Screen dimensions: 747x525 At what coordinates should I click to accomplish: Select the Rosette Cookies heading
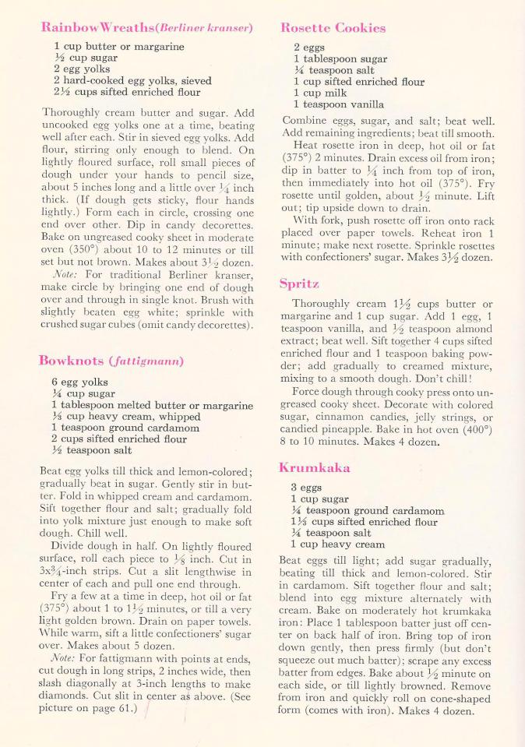click(x=332, y=28)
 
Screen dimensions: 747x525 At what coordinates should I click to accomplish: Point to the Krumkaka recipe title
click(x=314, y=467)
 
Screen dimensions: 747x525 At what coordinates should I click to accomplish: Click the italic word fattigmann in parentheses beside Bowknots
click(x=150, y=361)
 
